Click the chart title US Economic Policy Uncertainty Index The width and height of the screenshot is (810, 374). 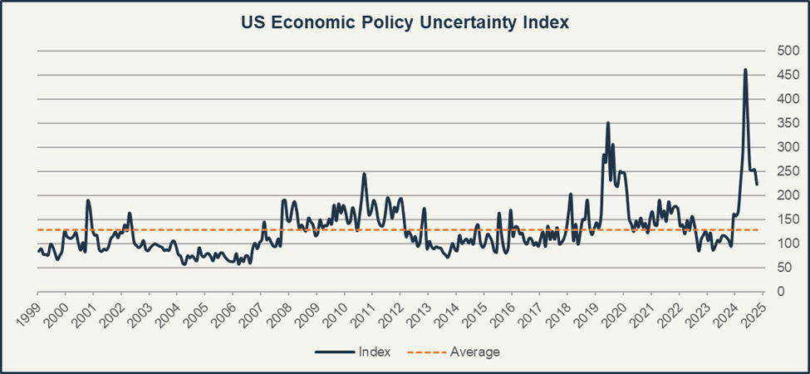click(405, 22)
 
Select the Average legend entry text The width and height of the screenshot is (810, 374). click(474, 352)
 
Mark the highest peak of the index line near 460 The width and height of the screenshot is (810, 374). click(745, 70)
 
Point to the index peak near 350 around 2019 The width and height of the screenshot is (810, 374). click(608, 123)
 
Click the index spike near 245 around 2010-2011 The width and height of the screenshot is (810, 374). click(364, 174)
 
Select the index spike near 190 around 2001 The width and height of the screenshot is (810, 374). click(88, 200)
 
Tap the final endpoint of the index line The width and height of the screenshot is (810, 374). click(757, 184)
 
